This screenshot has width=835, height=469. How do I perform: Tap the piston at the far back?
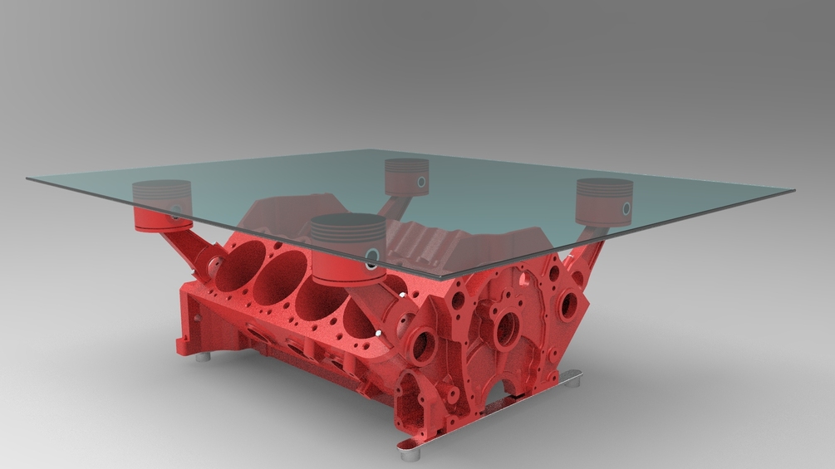pyautogui.click(x=407, y=176)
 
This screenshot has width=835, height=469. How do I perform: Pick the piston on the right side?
pyautogui.click(x=605, y=199)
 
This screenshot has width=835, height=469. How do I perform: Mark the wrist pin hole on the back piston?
pyautogui.click(x=422, y=182)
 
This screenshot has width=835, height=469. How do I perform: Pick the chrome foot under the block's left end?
pyautogui.click(x=202, y=359)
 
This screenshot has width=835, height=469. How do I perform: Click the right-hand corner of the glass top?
pyautogui.click(x=794, y=191)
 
